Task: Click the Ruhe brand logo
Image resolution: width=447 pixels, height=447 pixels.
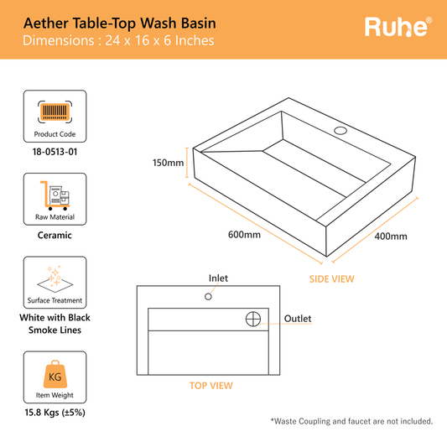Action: [398, 27]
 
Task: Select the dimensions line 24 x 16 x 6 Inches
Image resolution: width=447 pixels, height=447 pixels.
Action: [118, 40]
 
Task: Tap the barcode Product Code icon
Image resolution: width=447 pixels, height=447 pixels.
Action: [55, 116]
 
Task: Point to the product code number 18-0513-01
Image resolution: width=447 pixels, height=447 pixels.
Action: [55, 152]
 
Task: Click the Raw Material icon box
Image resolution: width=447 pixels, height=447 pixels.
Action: [55, 199]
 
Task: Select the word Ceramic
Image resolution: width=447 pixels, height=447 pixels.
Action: [55, 236]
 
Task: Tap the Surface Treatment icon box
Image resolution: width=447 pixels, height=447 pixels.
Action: [55, 283]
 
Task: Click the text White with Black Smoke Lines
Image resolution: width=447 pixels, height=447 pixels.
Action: [55, 324]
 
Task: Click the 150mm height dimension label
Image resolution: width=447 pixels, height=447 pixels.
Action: [168, 163]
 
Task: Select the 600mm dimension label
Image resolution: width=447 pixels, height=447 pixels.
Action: [244, 234]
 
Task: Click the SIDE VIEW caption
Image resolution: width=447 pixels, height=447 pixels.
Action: [331, 278]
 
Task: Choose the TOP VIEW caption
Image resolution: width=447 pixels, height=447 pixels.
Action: [210, 386]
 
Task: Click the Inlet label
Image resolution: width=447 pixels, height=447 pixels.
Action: [218, 278]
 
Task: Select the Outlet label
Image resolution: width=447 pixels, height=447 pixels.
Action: [298, 319]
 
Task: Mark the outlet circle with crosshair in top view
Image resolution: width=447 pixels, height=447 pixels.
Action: [254, 319]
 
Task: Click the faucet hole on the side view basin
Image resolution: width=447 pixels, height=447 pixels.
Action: [340, 131]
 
